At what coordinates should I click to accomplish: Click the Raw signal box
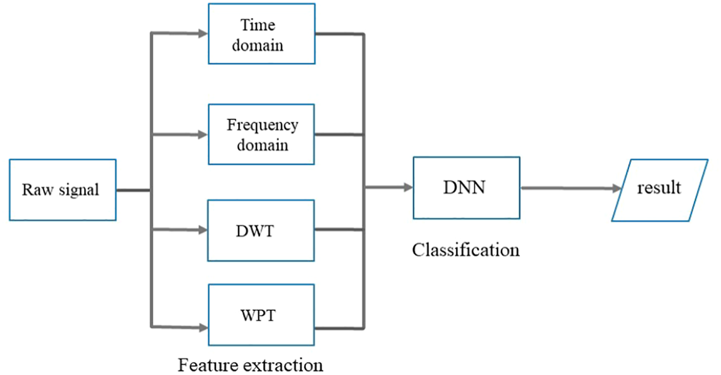(x=63, y=190)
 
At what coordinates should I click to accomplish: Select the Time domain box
(x=262, y=34)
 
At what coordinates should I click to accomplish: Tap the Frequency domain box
(x=261, y=134)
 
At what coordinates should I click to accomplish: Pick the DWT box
(x=261, y=231)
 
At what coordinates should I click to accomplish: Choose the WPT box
(x=261, y=315)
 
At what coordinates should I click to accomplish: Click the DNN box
(x=467, y=188)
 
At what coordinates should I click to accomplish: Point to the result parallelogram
(x=660, y=190)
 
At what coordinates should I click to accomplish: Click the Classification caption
(x=466, y=250)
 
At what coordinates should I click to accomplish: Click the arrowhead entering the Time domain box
(x=203, y=33)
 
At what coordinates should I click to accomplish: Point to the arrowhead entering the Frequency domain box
(x=203, y=134)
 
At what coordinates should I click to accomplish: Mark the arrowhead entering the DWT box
(x=203, y=230)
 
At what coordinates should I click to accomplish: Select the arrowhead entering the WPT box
(x=203, y=328)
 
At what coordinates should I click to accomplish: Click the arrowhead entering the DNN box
(x=408, y=187)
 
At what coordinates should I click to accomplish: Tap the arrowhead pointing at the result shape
(x=616, y=189)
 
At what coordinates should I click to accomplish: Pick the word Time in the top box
(x=258, y=25)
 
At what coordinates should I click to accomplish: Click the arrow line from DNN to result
(x=571, y=188)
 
